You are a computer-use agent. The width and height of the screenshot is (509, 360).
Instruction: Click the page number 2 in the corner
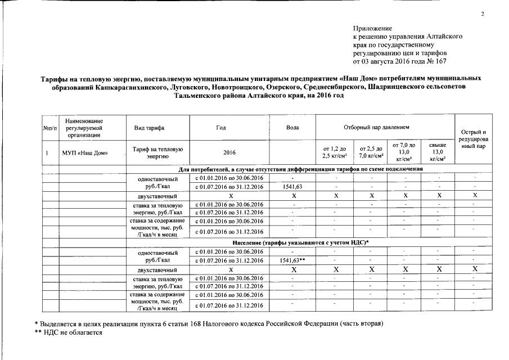pos(482,14)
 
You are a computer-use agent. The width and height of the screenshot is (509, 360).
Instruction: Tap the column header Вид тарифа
pos(149,128)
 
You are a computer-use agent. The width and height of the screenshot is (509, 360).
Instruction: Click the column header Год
pos(229,128)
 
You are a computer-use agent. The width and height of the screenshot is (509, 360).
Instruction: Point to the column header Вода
pos(292,128)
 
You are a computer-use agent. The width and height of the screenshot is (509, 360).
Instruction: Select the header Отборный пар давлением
pos(385,128)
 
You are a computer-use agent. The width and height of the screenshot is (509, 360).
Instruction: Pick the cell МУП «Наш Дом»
pos(85,152)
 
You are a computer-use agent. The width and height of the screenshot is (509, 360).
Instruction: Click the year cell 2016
pos(229,152)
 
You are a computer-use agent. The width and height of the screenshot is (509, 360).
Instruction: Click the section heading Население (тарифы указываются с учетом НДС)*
pos(300,242)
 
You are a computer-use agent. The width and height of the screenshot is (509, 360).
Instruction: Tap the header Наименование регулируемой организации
pos(85,128)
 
